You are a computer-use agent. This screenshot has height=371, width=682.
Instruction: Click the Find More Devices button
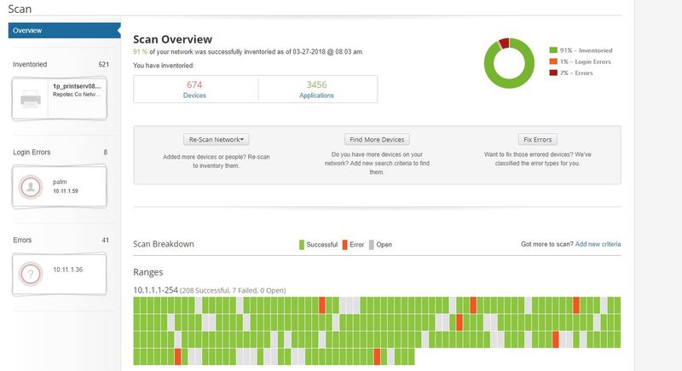[376, 139]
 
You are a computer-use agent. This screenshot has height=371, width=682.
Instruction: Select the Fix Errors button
[537, 139]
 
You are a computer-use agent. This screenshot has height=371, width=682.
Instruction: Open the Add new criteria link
[598, 244]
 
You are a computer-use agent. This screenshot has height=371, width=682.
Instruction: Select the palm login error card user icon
[31, 187]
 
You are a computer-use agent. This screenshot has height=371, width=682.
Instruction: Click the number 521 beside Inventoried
[103, 64]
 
